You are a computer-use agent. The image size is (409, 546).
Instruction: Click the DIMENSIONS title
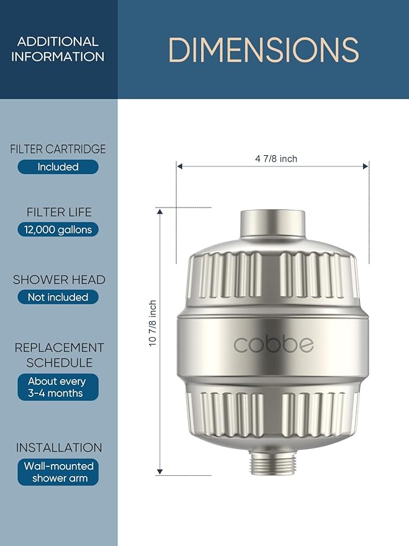[x=263, y=50]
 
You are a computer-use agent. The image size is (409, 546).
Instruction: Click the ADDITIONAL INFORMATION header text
[x=58, y=49]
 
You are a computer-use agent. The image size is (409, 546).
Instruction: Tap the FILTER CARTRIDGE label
[x=58, y=149]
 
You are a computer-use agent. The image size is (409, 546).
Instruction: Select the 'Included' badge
[x=58, y=167]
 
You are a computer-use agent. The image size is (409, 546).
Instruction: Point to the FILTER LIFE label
[x=58, y=212]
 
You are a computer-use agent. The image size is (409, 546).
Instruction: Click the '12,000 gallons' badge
[x=58, y=230]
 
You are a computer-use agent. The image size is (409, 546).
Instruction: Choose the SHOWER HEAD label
[x=58, y=280]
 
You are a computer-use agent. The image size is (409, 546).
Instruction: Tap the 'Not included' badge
[x=58, y=298]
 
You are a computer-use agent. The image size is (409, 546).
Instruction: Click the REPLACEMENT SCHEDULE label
[x=59, y=355]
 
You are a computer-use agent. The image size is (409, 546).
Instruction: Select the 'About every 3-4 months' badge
[x=58, y=387]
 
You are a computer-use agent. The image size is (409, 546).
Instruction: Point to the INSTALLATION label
[x=58, y=447]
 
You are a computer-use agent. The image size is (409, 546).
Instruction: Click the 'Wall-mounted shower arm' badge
[x=58, y=472]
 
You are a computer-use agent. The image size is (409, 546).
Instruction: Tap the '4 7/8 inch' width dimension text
[x=276, y=159]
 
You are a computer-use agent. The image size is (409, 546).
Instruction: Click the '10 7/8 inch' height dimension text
[x=153, y=324]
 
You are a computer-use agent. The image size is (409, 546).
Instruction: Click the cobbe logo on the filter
[x=273, y=345]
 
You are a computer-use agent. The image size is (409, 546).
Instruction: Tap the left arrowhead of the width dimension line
[x=180, y=166]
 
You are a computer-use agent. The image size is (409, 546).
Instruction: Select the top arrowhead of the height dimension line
[x=160, y=212]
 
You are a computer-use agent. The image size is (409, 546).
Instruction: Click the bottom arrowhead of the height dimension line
[x=160, y=471]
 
